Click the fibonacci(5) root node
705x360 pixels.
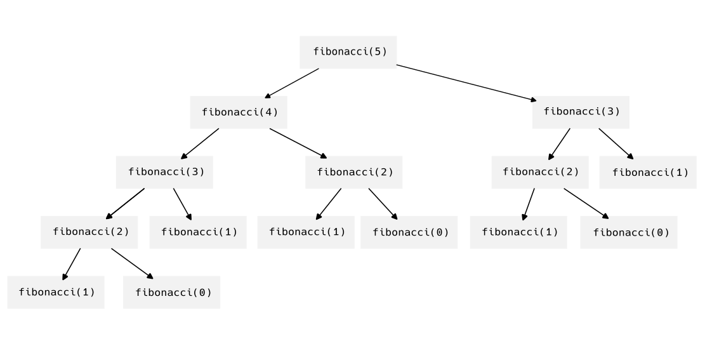coord(348,52)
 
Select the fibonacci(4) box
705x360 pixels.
coord(239,112)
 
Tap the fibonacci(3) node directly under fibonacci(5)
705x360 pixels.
coord(581,112)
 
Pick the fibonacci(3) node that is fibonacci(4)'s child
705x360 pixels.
coord(164,172)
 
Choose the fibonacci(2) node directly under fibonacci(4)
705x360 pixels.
coord(354,172)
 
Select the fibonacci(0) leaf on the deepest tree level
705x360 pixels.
coord(172,293)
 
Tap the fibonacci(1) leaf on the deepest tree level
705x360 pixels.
coord(56,293)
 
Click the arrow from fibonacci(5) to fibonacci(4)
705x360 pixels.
coord(292,83)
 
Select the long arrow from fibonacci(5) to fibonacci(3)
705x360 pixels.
coord(467,83)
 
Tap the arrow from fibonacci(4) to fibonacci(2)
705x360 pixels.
coord(298,143)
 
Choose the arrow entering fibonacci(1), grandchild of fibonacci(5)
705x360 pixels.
coord(616,143)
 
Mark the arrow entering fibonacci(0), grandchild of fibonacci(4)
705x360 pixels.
coord(383,203)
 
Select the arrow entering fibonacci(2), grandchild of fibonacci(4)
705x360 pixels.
coord(125,203)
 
